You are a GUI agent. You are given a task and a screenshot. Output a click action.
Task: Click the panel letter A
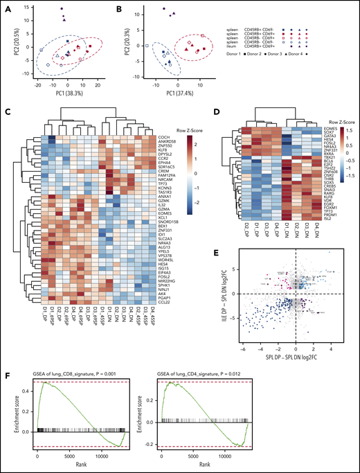(x=6, y=6)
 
